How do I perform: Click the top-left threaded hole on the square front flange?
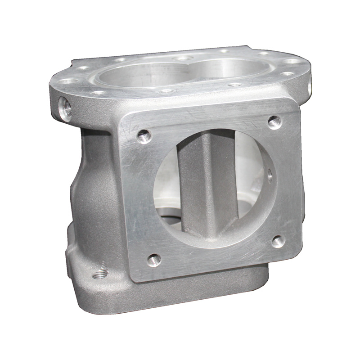pos(144,135)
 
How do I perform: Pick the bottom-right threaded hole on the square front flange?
pos(278,242)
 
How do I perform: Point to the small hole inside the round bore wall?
pos(270,174)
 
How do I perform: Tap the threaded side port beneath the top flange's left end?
pos(66,108)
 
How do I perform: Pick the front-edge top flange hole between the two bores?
pos(167,90)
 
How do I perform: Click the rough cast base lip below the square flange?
pos(202,288)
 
